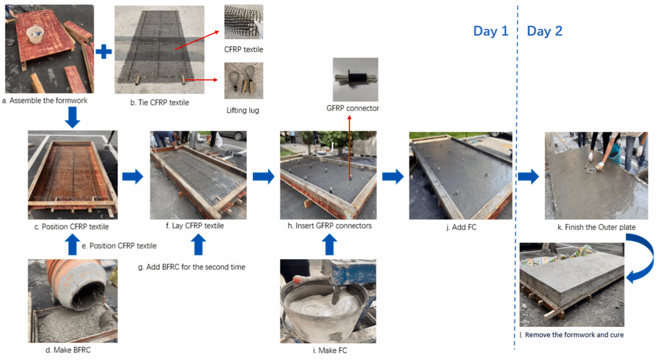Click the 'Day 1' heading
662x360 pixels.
490,32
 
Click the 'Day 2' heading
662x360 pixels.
544,32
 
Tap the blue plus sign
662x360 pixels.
103,52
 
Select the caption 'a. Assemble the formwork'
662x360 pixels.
45,100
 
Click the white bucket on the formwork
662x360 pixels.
36,35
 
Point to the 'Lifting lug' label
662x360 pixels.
243,110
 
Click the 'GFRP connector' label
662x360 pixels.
353,108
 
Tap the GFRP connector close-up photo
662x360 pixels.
355,79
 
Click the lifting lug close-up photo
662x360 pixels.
243,81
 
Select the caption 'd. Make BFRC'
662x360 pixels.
68,350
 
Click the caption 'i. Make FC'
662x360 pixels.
330,350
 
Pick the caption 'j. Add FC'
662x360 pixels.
461,227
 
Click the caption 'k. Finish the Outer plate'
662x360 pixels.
597,227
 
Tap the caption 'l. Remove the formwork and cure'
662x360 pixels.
572,335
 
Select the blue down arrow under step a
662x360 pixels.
72,117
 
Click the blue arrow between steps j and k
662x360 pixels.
528,176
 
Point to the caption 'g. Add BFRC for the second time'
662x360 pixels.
191,267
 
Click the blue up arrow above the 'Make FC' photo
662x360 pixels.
330,245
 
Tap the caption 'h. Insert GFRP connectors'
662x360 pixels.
330,226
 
